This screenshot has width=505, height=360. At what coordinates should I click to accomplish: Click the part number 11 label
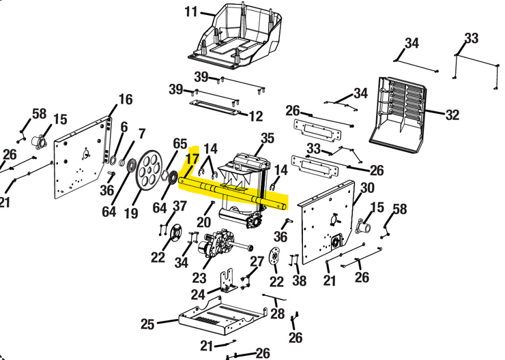pyautogui.click(x=191, y=12)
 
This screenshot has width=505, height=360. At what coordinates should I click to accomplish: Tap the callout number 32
pyautogui.click(x=452, y=115)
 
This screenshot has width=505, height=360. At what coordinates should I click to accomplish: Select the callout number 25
pyautogui.click(x=148, y=323)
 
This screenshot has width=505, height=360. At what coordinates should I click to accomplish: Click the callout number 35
pyautogui.click(x=267, y=138)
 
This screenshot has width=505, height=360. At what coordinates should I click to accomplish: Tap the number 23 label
pyautogui.click(x=199, y=278)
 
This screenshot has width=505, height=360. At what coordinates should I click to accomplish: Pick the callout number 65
pyautogui.click(x=179, y=143)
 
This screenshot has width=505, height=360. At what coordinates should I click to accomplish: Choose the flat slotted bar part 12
pyautogui.click(x=214, y=105)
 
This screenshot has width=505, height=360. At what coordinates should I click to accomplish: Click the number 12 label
pyautogui.click(x=255, y=117)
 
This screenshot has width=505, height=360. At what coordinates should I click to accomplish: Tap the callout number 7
pyautogui.click(x=142, y=133)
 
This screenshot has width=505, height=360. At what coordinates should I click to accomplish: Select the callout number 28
pyautogui.click(x=276, y=314)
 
